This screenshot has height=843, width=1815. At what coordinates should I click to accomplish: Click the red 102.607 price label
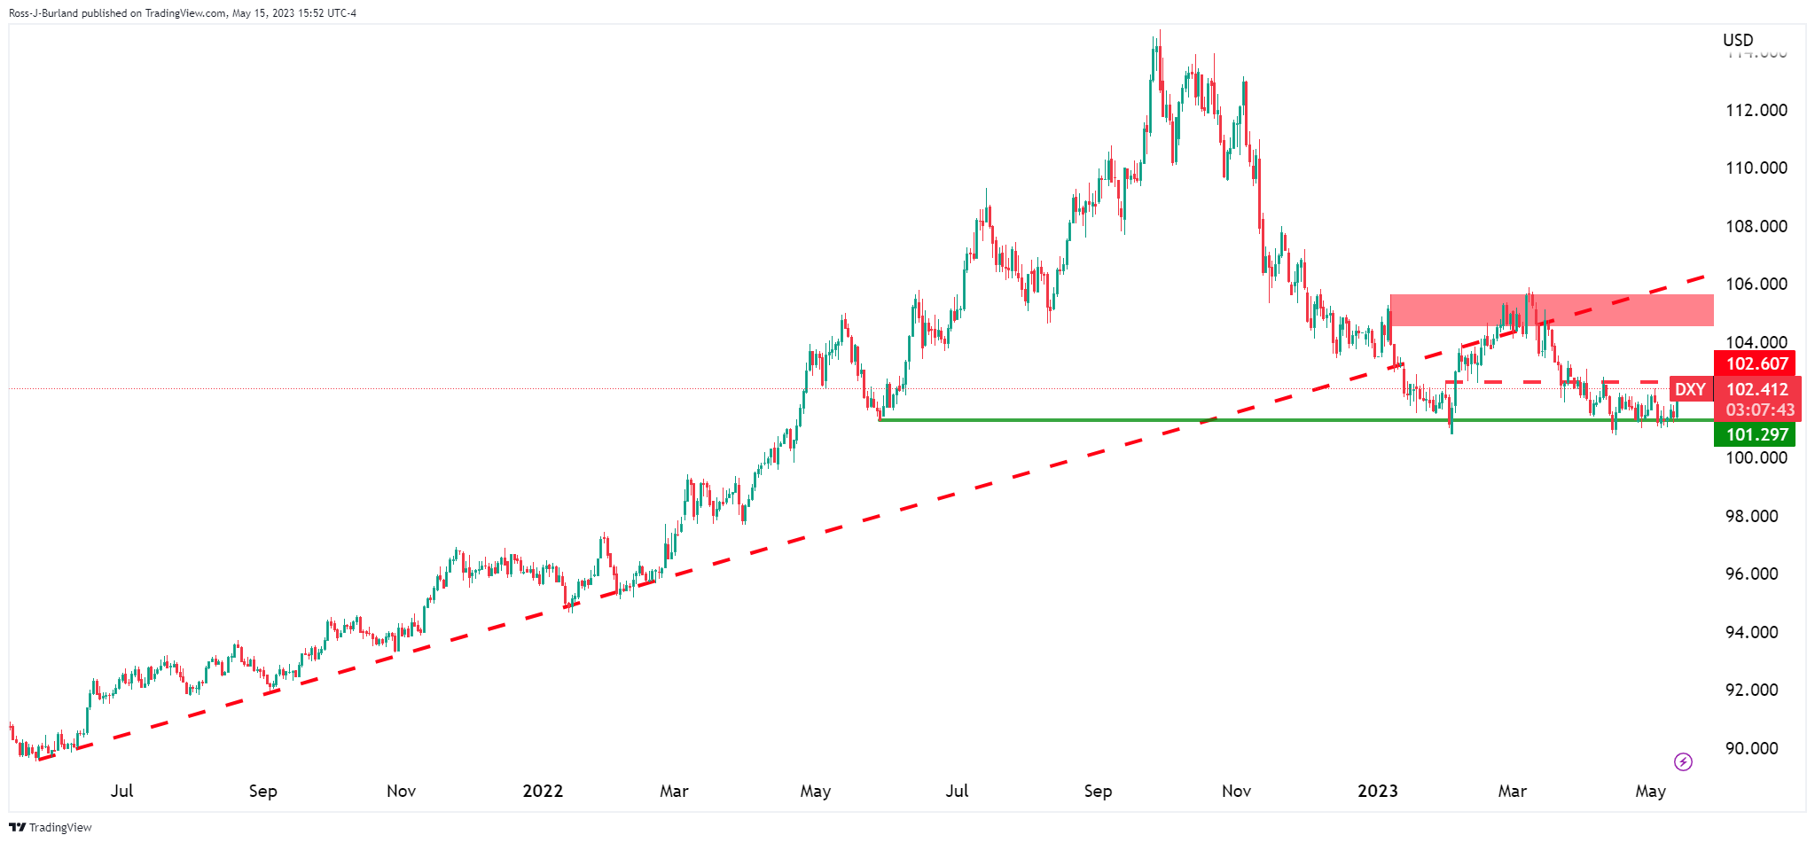click(x=1756, y=363)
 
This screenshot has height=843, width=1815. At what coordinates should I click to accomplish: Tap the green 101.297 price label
click(x=1756, y=434)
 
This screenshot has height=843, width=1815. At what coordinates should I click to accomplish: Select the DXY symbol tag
click(x=1690, y=389)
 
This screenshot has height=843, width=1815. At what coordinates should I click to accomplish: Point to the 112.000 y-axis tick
click(x=1756, y=111)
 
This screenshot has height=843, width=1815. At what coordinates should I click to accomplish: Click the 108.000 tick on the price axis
click(x=1756, y=227)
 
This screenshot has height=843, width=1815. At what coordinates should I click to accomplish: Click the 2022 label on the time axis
click(x=543, y=791)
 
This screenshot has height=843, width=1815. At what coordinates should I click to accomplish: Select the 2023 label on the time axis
click(x=1377, y=791)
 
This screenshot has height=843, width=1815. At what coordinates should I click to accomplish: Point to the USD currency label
click(x=1738, y=40)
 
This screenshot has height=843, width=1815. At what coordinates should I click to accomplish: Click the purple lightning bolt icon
click(x=1683, y=761)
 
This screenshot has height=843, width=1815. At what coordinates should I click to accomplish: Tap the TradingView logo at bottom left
click(x=51, y=827)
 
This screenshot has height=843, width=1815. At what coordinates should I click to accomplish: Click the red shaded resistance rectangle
click(x=1552, y=310)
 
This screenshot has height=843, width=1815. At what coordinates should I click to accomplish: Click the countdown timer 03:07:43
click(x=1760, y=410)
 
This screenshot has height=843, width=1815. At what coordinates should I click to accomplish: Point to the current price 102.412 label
click(x=1756, y=389)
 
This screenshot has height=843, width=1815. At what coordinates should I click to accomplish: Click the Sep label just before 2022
click(x=262, y=791)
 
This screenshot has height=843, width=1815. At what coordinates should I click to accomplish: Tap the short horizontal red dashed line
click(x=1561, y=382)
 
